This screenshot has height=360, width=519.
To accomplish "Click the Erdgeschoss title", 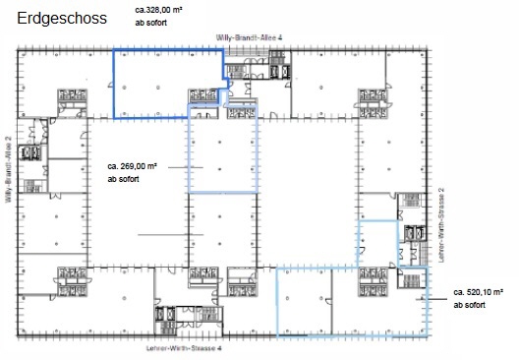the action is [x=62, y=19].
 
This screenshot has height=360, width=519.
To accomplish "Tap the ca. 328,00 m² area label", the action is [x=159, y=10].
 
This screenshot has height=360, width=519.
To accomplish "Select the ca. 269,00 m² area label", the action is [x=132, y=166].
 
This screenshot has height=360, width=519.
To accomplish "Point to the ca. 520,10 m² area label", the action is [x=479, y=292].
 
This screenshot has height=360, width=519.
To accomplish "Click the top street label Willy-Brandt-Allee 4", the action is [x=249, y=37].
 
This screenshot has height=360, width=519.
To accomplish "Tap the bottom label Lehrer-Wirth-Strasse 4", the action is [x=184, y=348].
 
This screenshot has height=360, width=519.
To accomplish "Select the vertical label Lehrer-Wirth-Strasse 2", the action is [x=441, y=225].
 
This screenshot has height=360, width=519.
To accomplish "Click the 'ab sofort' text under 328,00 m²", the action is [x=151, y=23].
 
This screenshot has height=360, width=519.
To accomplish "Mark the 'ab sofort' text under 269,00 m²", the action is [x=123, y=179].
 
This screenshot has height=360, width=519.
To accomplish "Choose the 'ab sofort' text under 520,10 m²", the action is [x=469, y=305].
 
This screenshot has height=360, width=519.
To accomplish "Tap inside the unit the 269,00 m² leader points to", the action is [x=222, y=152].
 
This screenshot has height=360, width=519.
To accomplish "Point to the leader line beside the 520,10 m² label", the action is [x=432, y=299].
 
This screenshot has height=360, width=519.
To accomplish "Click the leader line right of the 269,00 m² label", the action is [x=186, y=167].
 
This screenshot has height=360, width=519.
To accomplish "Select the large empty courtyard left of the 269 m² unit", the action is [x=138, y=193].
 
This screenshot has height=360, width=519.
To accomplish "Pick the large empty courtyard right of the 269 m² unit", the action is [x=307, y=193].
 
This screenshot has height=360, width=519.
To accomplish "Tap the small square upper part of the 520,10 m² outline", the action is [x=378, y=244].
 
